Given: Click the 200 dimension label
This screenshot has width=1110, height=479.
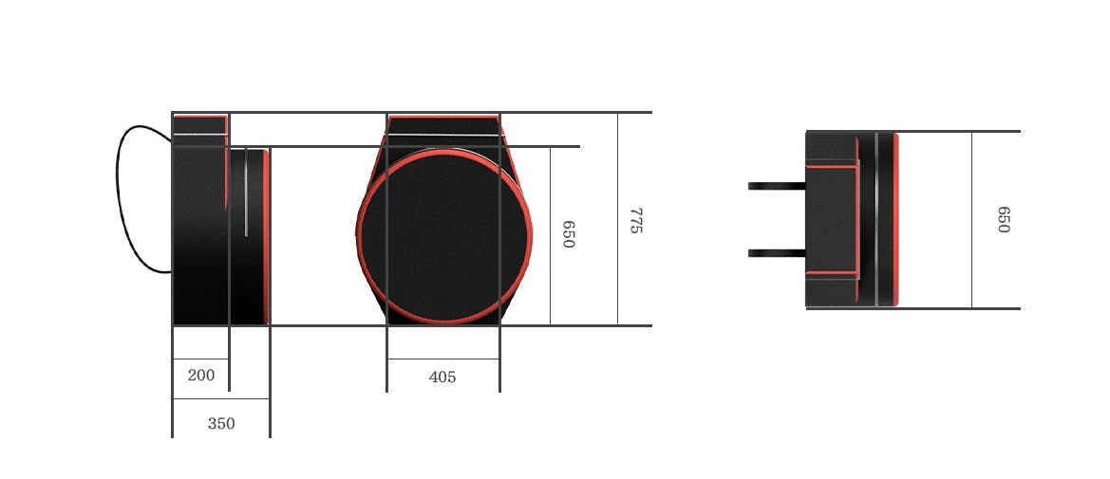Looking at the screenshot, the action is (x=201, y=375).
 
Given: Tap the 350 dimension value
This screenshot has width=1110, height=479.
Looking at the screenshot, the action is (x=221, y=423).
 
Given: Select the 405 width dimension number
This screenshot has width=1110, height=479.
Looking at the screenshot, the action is (x=442, y=378).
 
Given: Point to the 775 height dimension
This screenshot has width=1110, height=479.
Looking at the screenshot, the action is (x=635, y=220).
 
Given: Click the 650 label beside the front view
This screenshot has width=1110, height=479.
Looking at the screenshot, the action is (x=568, y=234).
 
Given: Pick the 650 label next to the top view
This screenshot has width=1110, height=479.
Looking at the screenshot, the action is (x=1003, y=219).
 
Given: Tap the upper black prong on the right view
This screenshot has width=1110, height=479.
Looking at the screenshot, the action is (x=777, y=186).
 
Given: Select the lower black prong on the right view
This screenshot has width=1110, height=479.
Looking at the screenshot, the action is (x=777, y=253).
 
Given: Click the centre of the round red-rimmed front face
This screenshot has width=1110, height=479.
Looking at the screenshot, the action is (x=443, y=235).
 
